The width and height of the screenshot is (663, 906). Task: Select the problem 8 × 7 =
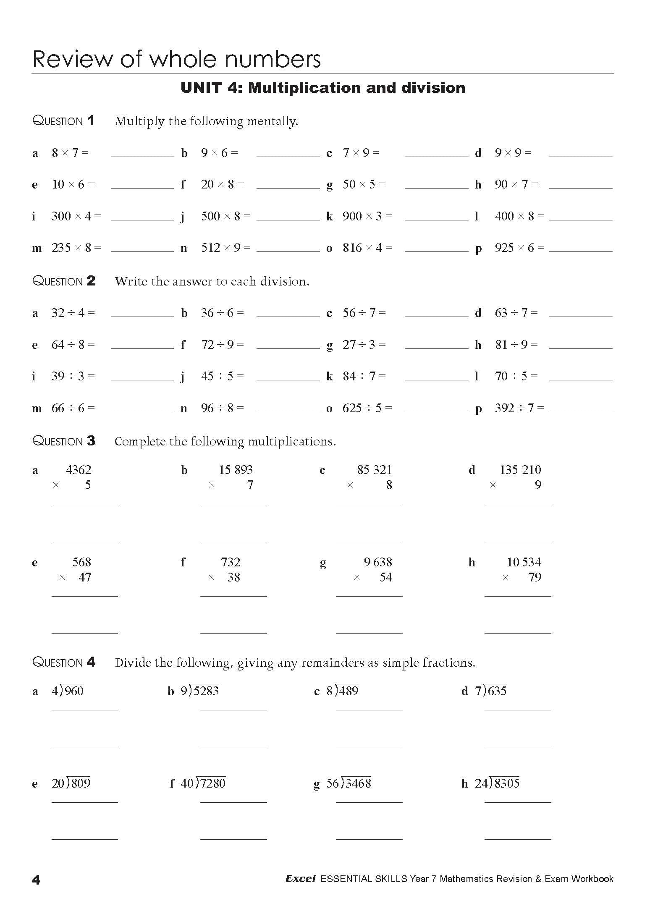click(70, 153)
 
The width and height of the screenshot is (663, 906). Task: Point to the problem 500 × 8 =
click(225, 216)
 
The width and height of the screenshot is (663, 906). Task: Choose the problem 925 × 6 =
click(519, 248)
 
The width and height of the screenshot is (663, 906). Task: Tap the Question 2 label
click(64, 281)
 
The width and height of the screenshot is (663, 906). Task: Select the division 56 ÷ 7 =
click(364, 313)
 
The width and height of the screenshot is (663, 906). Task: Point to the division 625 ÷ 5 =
click(367, 408)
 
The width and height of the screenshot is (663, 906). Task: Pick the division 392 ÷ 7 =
click(519, 408)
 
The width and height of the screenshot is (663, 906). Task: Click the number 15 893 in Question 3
click(236, 470)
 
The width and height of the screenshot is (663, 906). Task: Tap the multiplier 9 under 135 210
click(537, 485)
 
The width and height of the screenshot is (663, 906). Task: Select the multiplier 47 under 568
click(84, 577)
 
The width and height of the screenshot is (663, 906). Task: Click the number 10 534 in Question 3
click(524, 562)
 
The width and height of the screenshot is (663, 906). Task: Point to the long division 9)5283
click(200, 691)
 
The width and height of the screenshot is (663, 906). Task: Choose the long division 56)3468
click(349, 783)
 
